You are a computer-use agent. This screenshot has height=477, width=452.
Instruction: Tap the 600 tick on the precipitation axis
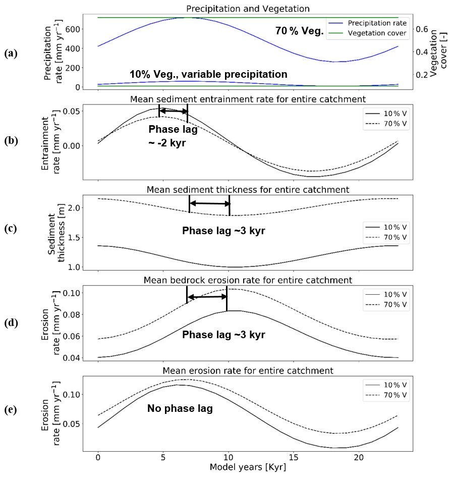[x=72, y=29]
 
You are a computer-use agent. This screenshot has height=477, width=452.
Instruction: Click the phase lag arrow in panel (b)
[x=173, y=112]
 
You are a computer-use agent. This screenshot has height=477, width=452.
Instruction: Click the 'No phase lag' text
[x=180, y=408]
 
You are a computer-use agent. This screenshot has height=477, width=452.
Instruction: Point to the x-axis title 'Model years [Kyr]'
[x=248, y=467]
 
